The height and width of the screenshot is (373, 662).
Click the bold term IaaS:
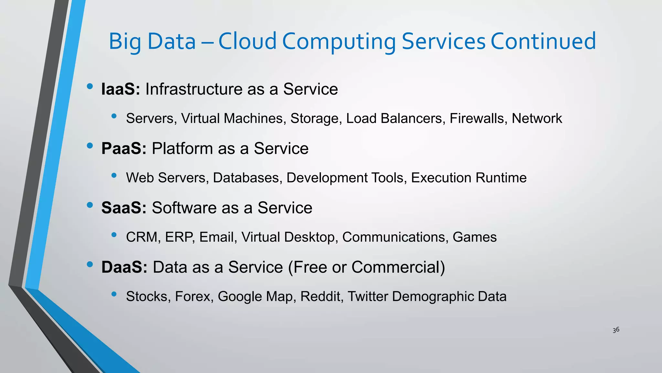120,89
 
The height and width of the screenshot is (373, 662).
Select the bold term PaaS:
124,149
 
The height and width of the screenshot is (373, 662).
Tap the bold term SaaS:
124,208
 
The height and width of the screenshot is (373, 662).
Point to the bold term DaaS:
124,267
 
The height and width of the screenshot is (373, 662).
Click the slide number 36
616,330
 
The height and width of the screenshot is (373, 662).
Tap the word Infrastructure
194,89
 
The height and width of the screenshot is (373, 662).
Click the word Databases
247,178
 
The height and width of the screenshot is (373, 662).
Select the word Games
475,237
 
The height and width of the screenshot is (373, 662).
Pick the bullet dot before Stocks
114,294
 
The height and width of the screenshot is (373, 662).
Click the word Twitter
368,297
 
